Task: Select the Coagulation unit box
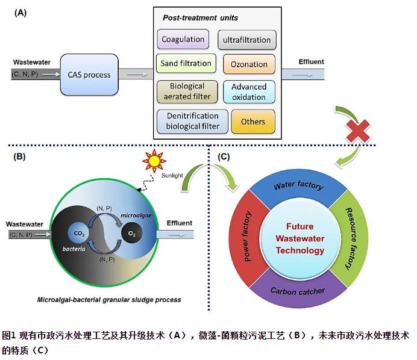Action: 183,40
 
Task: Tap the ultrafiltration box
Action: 246,40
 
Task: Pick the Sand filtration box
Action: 186,63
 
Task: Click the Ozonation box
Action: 249,64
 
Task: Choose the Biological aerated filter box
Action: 187,91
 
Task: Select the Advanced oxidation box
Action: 248,92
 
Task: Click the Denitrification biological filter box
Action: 193,121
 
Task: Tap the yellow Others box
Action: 253,122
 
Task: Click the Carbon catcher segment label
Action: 298,291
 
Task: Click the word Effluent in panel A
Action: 311,61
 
